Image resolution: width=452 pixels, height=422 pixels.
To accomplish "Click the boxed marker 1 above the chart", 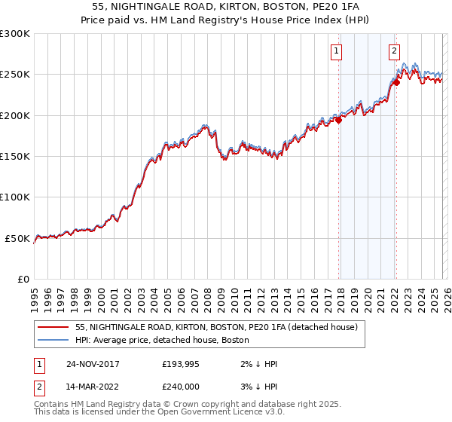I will tap(335, 51).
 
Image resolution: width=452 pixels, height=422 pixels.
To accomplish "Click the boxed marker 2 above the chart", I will tap(393, 51).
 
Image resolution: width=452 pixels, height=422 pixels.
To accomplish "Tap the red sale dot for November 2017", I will tap(339, 119).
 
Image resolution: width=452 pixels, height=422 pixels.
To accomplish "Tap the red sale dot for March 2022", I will tap(396, 83).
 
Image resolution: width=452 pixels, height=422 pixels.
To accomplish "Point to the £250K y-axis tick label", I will tap(15, 75).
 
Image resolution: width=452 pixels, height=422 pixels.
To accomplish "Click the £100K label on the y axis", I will tap(15, 197).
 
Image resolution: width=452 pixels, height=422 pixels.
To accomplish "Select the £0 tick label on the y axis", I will tap(23, 279).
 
